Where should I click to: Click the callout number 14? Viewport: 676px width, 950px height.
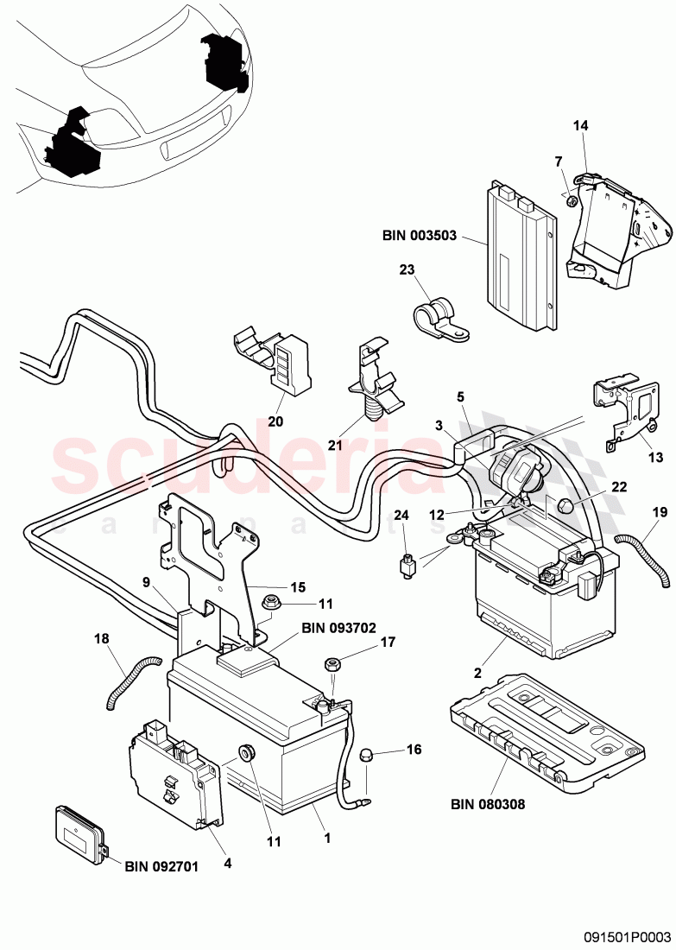click(x=580, y=126)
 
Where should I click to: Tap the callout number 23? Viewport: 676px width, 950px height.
click(x=407, y=269)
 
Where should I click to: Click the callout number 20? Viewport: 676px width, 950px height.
click(x=275, y=422)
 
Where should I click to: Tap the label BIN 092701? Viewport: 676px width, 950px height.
click(x=161, y=864)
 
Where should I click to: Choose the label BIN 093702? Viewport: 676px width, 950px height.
click(x=338, y=629)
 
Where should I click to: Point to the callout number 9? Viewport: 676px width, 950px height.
click(x=147, y=582)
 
